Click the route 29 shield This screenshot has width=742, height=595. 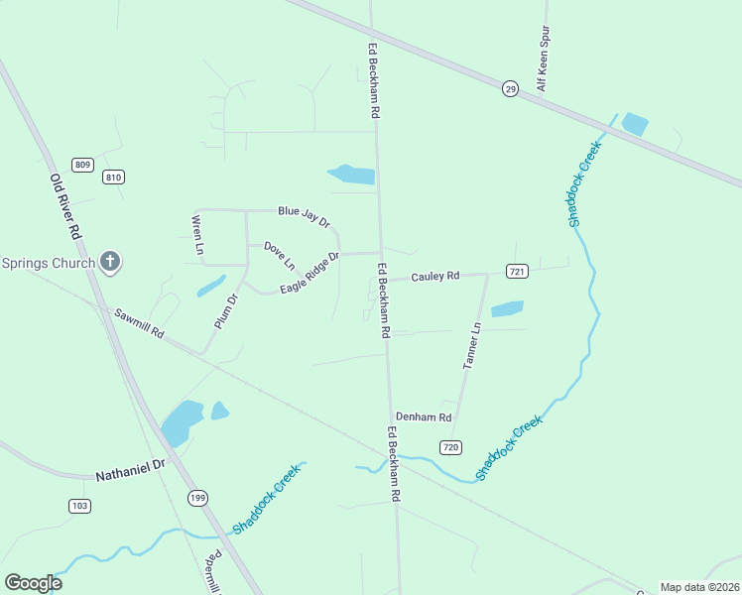510,88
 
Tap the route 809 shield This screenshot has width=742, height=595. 82,165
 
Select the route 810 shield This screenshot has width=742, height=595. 113,177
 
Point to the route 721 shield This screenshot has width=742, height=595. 517,271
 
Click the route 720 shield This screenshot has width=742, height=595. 450,447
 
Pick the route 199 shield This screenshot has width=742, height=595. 197,497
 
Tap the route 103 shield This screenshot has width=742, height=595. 80,506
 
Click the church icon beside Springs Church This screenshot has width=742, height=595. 110,263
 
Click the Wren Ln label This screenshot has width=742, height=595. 197,234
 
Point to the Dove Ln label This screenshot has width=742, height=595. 279,256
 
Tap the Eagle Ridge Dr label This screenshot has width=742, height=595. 309,272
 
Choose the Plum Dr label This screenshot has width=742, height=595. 227,312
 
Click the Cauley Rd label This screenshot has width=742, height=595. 435,277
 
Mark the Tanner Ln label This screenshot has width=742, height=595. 473,346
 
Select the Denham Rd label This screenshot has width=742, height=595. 424,417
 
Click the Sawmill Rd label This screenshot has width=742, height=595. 138,322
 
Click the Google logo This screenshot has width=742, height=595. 33,583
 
